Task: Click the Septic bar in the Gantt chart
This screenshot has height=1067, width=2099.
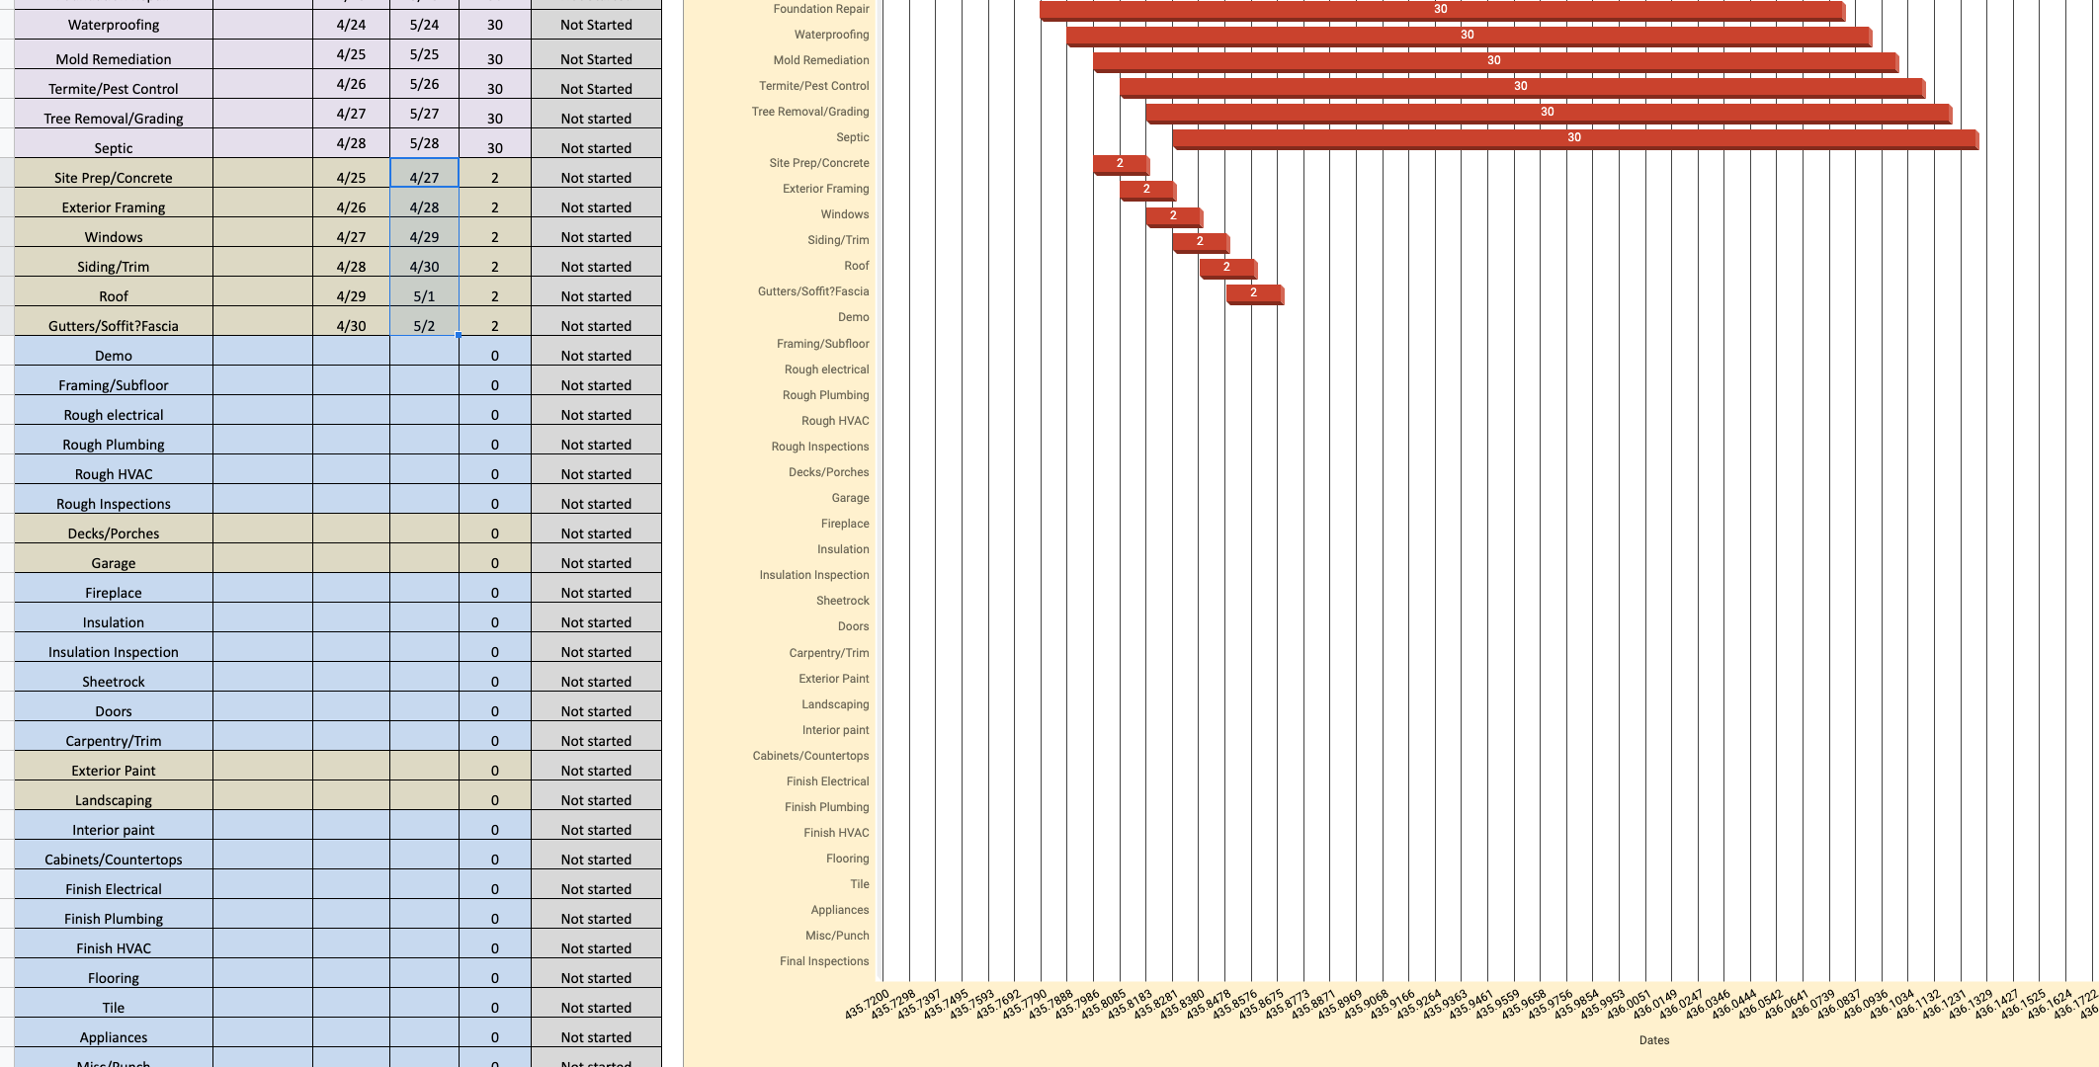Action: [x=1574, y=138]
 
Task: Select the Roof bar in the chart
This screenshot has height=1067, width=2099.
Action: [x=1227, y=267]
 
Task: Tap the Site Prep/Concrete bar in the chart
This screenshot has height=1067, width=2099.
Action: [x=1120, y=164]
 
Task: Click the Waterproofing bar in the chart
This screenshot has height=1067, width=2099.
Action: [x=1468, y=36]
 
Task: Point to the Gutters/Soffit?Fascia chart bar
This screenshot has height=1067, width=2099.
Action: [x=1254, y=292]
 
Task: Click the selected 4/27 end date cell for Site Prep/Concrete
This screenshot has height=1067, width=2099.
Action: [x=424, y=177]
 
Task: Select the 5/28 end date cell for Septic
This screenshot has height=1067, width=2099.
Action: [x=424, y=143]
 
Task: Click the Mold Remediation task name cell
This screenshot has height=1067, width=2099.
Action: [x=114, y=58]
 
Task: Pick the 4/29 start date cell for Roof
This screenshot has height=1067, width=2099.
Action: [x=351, y=295]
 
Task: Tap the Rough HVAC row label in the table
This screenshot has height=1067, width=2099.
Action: [x=114, y=473]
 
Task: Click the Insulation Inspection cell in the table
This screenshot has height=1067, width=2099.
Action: [x=114, y=651]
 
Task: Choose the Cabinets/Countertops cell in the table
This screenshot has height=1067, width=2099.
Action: [x=114, y=859]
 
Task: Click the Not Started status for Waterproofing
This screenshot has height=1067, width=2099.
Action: [x=596, y=25]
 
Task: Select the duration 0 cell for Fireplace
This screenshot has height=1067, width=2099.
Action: [x=495, y=592]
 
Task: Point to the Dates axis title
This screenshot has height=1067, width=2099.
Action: [x=1654, y=1039]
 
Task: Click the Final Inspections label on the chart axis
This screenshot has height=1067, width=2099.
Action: [x=824, y=961]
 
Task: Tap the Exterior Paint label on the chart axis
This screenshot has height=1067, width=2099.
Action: [x=834, y=679]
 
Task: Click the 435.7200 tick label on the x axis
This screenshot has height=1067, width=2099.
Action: [x=868, y=1004]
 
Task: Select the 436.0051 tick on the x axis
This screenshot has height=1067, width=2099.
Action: [x=1629, y=1004]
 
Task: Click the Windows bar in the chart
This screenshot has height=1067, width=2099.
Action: [x=1173, y=215]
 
